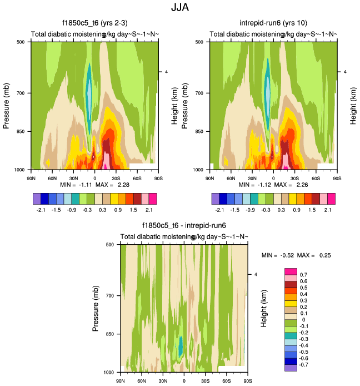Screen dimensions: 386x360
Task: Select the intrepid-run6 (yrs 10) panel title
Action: click(x=272, y=23)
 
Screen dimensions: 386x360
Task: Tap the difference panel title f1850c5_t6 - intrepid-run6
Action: click(x=183, y=226)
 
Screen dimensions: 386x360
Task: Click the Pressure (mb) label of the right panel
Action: click(x=184, y=105)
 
